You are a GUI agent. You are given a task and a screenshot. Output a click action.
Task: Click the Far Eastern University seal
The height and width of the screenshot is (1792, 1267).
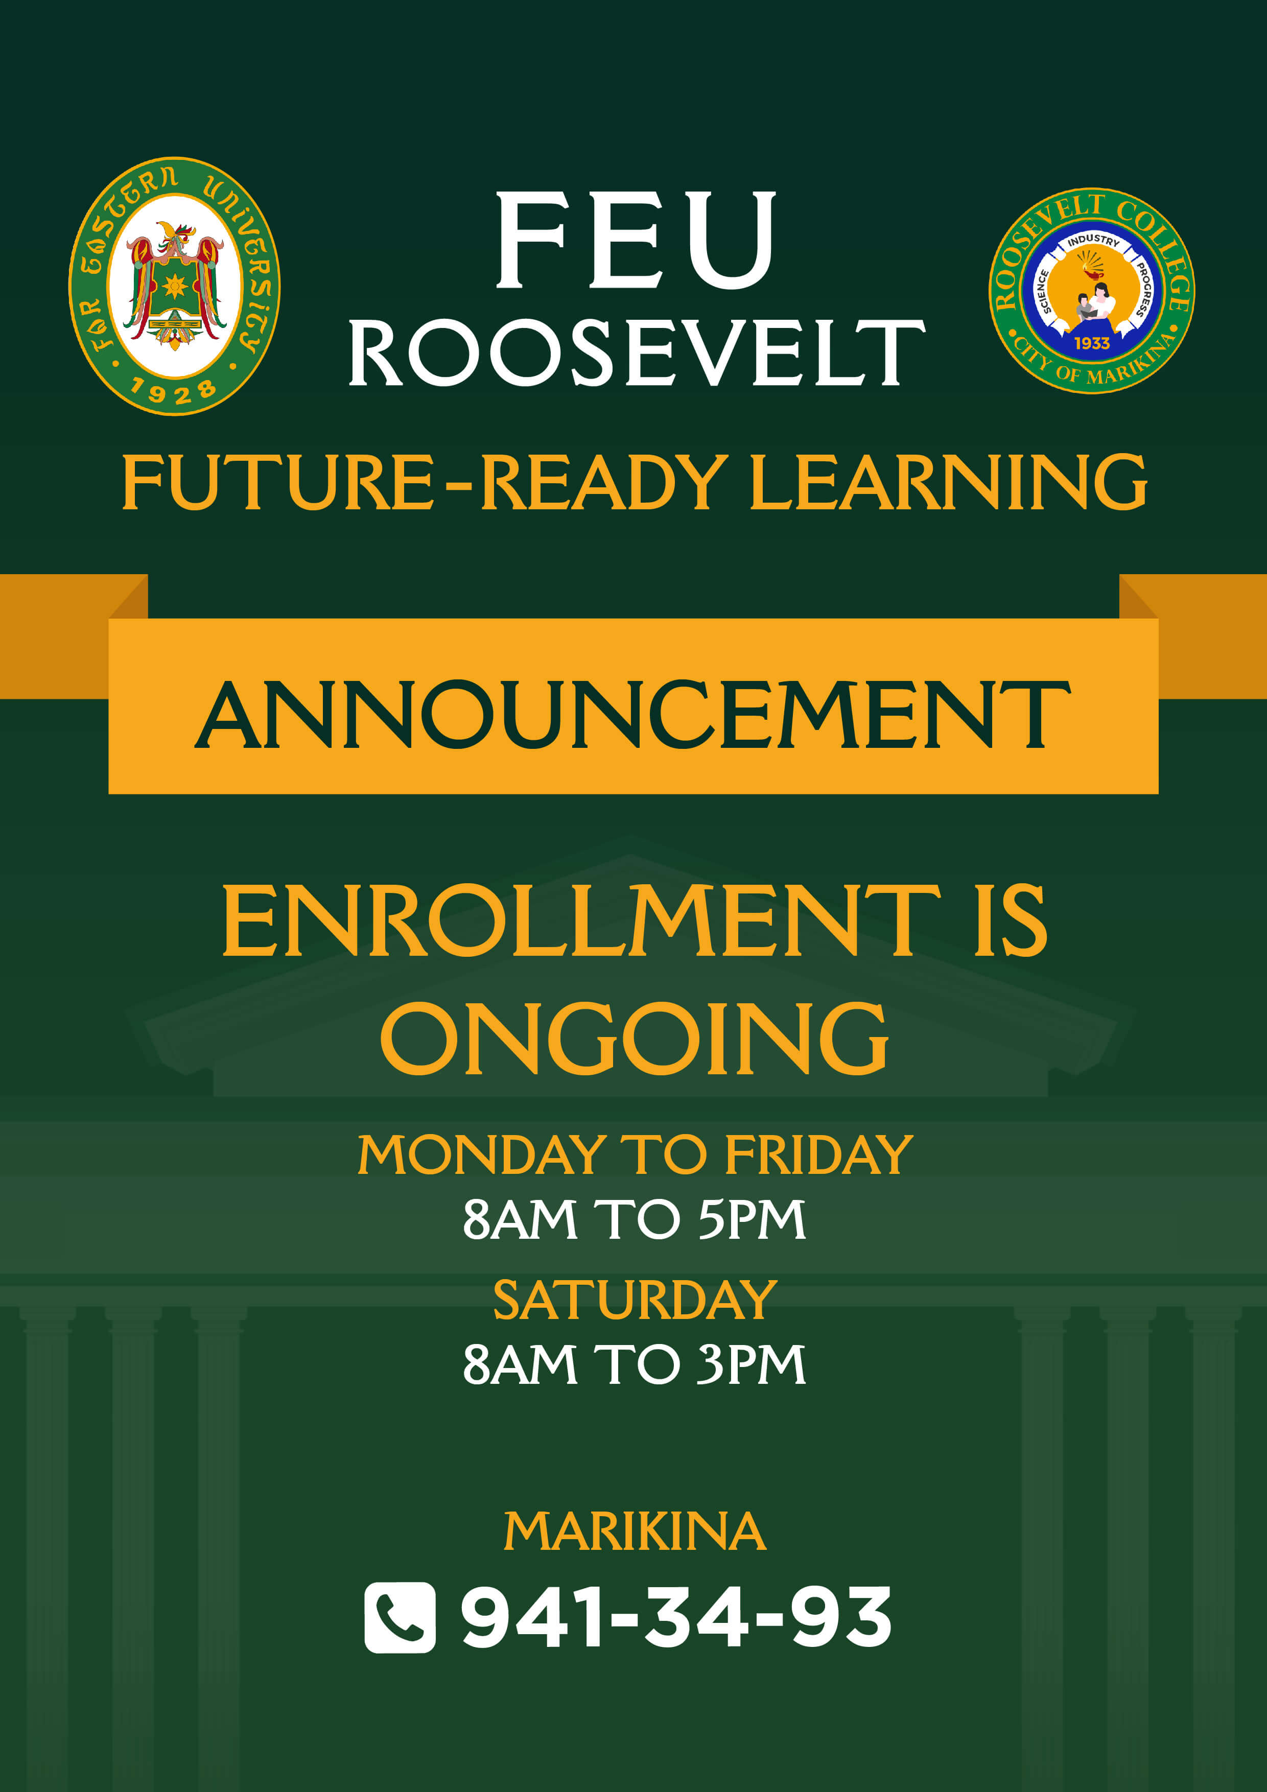pos(174,286)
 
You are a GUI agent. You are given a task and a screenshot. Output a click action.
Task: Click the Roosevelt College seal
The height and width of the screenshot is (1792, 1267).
pos(1091,290)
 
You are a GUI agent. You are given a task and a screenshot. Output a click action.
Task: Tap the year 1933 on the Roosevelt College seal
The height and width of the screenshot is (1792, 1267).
pos(1091,343)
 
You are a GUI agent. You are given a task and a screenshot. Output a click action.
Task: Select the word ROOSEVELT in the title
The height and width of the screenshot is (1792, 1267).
pos(636,353)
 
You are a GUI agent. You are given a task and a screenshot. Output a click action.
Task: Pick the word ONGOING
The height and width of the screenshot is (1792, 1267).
pos(634,1039)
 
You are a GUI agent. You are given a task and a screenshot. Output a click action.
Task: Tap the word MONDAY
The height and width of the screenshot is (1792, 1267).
pos(482,1155)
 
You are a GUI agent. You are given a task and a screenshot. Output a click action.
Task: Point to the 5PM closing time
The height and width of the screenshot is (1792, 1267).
pos(751,1219)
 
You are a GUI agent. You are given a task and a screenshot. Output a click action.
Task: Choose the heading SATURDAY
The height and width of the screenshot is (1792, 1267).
pos(635,1300)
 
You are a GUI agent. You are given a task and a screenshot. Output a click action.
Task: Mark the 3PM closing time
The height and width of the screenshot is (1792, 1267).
pos(751,1364)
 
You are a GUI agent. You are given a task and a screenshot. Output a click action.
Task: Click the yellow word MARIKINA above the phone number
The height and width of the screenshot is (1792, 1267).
pos(635,1532)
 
